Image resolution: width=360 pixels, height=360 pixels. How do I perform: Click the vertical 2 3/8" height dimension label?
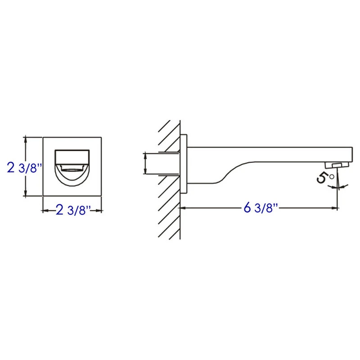[24, 167]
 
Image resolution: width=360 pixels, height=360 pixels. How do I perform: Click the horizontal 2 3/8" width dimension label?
[73, 210]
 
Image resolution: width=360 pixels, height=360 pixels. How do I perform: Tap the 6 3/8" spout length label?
[261, 208]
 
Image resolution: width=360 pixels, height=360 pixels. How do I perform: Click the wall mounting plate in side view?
[184, 164]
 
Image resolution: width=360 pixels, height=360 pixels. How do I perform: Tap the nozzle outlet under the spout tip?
[337, 165]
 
